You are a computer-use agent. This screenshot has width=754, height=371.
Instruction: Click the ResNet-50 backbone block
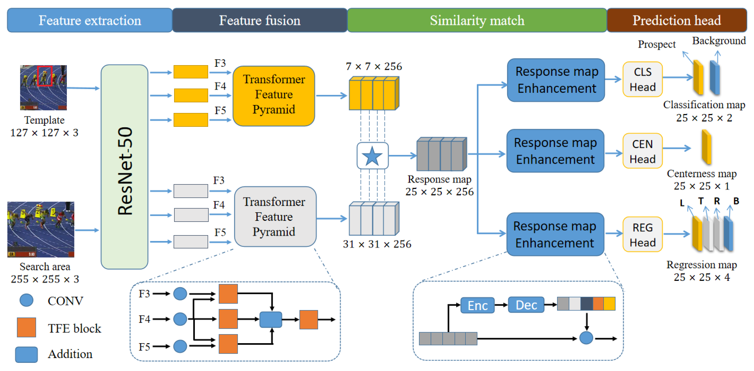(x=124, y=167)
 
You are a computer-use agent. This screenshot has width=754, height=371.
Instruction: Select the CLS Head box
(x=642, y=79)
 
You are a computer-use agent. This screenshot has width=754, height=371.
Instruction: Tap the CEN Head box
(x=642, y=151)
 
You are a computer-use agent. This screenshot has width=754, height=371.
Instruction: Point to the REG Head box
(x=642, y=234)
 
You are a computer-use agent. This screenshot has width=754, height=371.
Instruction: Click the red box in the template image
(x=45, y=76)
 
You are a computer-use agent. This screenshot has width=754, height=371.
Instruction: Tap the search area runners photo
(x=41, y=229)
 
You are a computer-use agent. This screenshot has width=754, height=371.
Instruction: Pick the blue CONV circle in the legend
(x=26, y=300)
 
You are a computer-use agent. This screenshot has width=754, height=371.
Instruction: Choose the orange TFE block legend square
(x=26, y=327)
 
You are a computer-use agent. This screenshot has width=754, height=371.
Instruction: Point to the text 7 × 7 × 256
(x=374, y=67)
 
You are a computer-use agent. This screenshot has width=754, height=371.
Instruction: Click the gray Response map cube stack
(x=441, y=154)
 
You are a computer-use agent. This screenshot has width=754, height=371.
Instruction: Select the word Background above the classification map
(x=719, y=41)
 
